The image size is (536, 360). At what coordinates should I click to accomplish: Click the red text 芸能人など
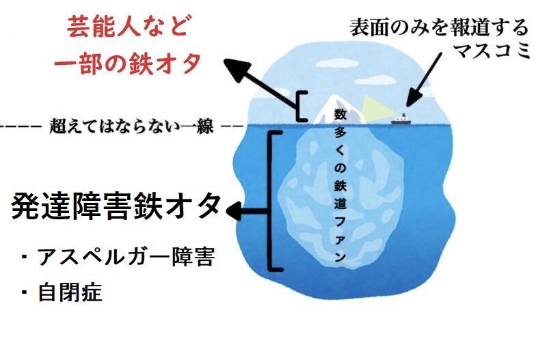point(128,28)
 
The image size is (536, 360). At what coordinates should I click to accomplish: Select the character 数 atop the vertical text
point(339,113)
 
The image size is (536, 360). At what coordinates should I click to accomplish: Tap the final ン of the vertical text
point(339,258)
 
